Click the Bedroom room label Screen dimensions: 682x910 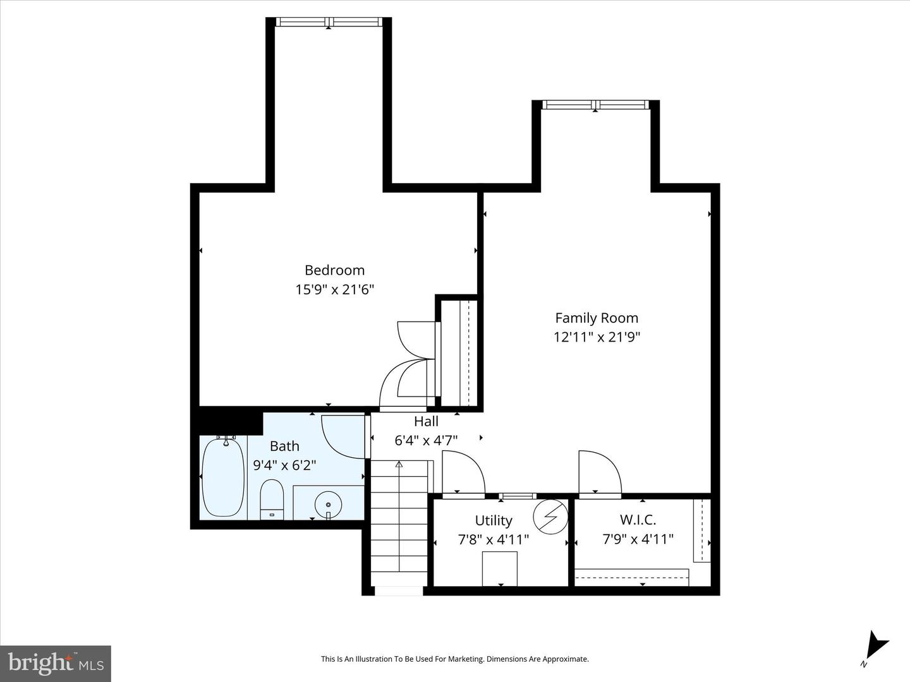coord(334,270)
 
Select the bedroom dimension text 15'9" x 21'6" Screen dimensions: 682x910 coord(334,290)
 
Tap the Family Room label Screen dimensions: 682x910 coord(597,318)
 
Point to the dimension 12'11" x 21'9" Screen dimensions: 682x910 coord(597,337)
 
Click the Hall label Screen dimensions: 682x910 coord(426,421)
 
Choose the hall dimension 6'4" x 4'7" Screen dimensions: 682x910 coord(426,440)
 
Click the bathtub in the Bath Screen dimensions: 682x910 coord(222,477)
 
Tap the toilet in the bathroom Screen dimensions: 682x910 coord(272,498)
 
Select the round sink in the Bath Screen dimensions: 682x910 coord(328,505)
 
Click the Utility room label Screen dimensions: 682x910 coord(494,520)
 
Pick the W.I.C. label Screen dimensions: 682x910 coord(638,520)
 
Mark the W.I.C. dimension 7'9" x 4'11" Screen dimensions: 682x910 coord(638,539)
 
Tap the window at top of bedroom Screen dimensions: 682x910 coord(329,22)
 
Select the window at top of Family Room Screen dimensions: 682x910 coord(595,105)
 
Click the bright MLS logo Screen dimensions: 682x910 coord(56,663)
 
